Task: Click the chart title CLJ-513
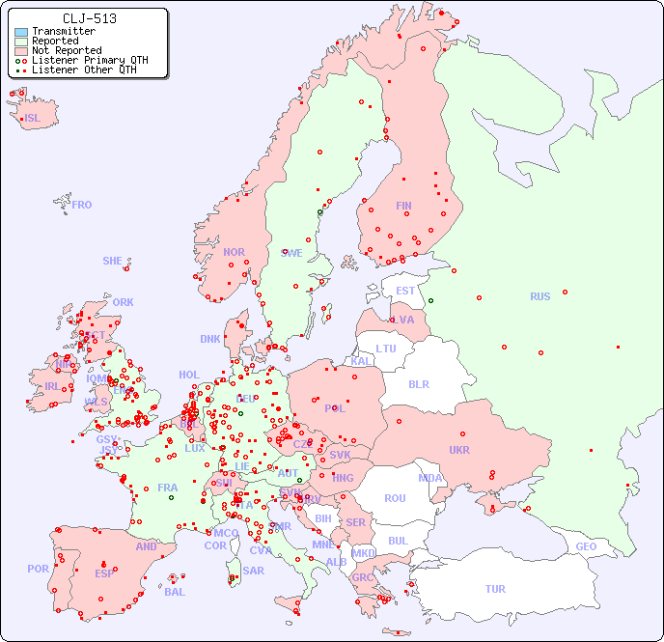pos(89,18)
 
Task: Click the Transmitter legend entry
pos(63,32)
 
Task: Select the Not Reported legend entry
pos(66,50)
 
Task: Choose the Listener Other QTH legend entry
pos(84,70)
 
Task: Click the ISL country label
pos(33,119)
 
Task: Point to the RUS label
pos(539,296)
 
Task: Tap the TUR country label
pos(495,589)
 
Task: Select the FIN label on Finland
pos(403,206)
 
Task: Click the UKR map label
pos(459,450)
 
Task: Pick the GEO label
pos(586,546)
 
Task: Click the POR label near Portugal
pos(38,569)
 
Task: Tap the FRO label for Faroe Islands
pos(82,205)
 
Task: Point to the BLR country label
pos(418,383)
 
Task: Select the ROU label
pos(395,498)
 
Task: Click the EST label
pos(405,291)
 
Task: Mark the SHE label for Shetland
pos(113,261)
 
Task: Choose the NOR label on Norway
pos(234,252)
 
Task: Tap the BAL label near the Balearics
pos(174,592)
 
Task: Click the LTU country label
pos(386,349)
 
